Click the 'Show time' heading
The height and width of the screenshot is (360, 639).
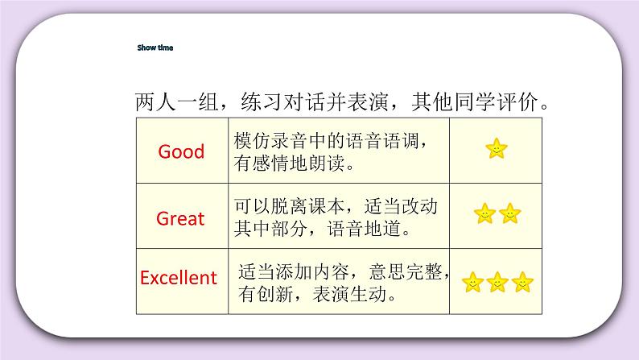click(x=155, y=48)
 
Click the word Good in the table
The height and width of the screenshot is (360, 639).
click(x=181, y=151)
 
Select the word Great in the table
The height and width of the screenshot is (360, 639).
click(x=180, y=218)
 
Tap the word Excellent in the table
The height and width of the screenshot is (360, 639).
click(x=179, y=279)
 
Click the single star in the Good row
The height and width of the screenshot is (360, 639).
click(x=497, y=149)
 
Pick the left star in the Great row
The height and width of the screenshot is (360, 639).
click(x=484, y=213)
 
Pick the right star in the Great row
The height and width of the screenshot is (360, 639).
click(x=509, y=213)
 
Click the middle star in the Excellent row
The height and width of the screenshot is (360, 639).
click(x=497, y=282)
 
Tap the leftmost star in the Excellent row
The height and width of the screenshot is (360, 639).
click(x=472, y=282)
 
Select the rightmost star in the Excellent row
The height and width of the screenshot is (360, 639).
click(x=522, y=282)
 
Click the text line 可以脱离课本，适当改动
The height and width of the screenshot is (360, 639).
click(x=336, y=207)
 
